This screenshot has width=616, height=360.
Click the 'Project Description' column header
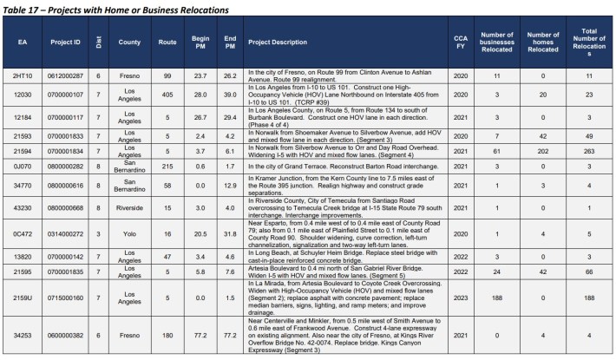point(277,42)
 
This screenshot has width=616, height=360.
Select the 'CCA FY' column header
point(461,42)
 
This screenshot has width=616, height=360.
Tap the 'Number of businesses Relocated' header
point(498,42)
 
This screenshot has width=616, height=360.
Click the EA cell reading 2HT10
point(23,75)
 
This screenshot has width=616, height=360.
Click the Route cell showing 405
point(167,93)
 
